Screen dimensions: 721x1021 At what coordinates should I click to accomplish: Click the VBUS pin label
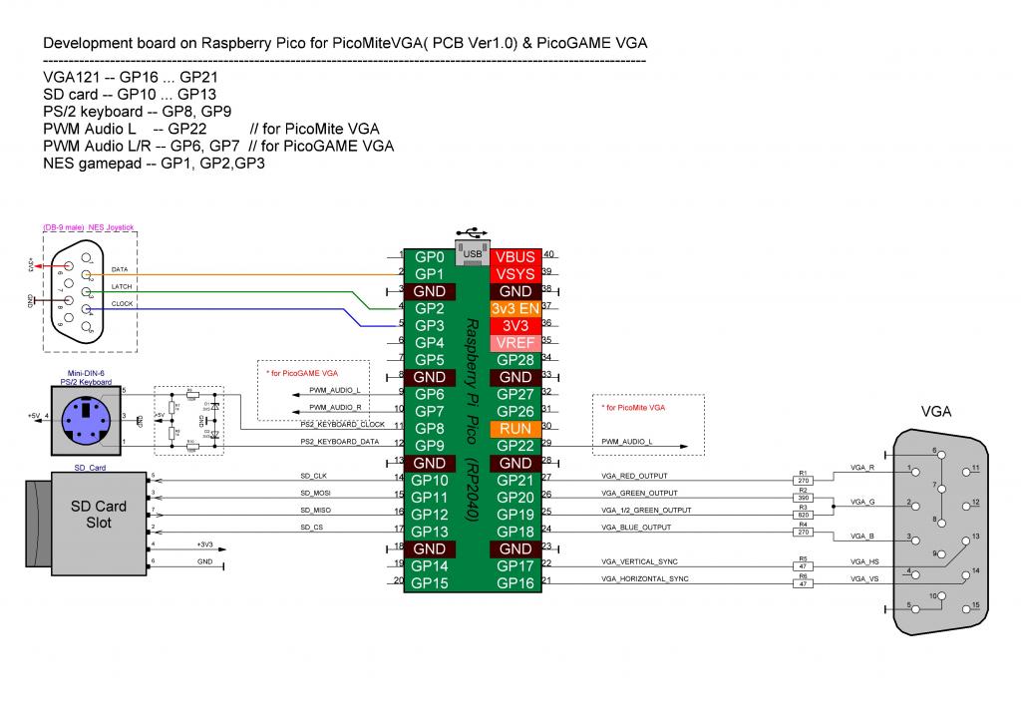coord(515,257)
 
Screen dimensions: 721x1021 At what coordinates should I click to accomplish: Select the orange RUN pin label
coord(515,427)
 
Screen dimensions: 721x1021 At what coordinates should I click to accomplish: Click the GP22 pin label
coord(515,445)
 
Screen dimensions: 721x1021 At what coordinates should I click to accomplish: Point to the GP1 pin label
coord(429,274)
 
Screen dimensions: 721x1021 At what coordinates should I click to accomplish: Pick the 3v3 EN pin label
coord(515,308)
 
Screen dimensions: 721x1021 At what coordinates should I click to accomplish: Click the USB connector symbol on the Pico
coord(473,250)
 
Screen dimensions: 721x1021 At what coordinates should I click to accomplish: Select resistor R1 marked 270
coord(804,479)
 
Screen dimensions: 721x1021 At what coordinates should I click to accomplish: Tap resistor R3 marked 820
coord(804,514)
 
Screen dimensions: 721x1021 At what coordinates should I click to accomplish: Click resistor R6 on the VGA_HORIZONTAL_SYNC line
coord(804,581)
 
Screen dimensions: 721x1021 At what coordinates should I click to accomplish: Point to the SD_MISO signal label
coord(316,510)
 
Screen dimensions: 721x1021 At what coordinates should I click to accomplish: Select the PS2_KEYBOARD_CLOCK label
coord(343,425)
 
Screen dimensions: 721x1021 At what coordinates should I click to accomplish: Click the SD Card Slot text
coord(98,515)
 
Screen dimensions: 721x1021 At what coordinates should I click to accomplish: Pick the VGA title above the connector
coord(935,410)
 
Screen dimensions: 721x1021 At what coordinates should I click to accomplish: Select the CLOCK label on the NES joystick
coord(123,303)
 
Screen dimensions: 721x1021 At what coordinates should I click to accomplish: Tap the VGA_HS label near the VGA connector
coord(862,562)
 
